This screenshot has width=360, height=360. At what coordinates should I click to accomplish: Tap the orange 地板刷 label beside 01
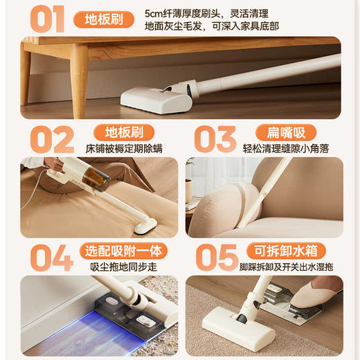coord(104,19)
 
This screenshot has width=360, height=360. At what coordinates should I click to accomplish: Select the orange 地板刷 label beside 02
coord(123,132)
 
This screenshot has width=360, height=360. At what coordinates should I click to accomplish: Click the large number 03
coord(215,139)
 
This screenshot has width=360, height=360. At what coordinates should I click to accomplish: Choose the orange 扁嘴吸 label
coord(286,132)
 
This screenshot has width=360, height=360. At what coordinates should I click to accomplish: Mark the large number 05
coord(217,257)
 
